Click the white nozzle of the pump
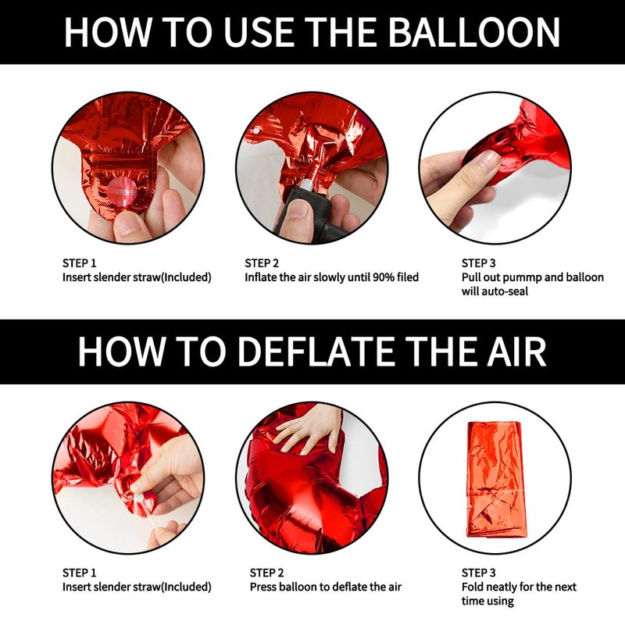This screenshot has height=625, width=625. tap(307, 184)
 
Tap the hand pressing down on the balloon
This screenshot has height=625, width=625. tap(309, 430)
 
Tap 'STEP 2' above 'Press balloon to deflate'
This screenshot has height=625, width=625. tap(266, 573)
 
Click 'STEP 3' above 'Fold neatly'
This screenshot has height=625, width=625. tap(478, 573)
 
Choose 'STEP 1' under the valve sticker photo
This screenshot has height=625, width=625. tap(80, 263)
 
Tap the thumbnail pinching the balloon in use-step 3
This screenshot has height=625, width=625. tap(489, 160)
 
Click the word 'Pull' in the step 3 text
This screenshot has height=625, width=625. tap(470, 277)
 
